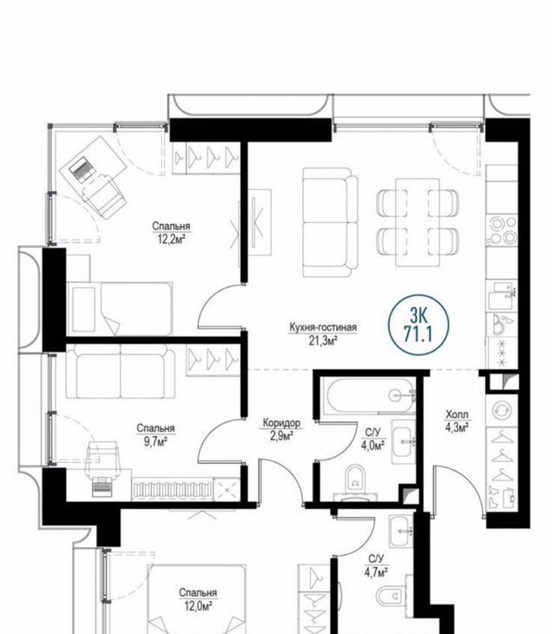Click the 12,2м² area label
coord(171,241)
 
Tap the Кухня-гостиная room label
coord(323,327)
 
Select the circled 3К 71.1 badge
coord(419,325)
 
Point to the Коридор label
coord(281,423)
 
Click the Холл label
coord(457,414)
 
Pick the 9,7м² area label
coord(155,441)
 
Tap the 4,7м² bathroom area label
coord(378,572)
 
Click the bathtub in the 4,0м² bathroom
coord(368,395)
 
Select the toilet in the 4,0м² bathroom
coord(355,481)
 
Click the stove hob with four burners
coord(502,230)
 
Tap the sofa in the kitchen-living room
coord(330,223)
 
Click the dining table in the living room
coord(418,222)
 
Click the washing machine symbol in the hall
coord(502,410)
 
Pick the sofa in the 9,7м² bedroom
coord(121,371)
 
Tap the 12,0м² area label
coord(199,607)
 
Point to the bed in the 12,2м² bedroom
coord(120,309)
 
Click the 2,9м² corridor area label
coord(282,437)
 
